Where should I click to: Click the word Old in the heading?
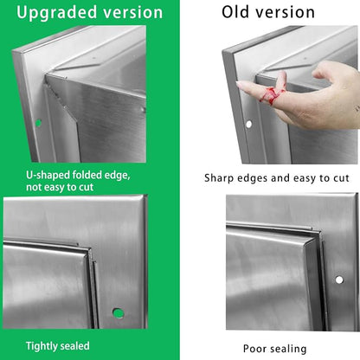click(235, 12)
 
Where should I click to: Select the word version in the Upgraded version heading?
click(133, 13)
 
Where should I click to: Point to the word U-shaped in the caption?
click(48, 176)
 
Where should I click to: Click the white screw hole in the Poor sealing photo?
click(339, 280)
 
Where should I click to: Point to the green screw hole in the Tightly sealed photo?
click(118, 313)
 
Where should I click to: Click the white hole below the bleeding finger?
click(248, 125)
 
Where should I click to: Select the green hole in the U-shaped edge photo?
click(38, 123)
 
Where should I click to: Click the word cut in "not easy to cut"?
click(87, 188)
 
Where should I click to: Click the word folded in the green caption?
click(87, 175)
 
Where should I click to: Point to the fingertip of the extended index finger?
click(239, 84)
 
